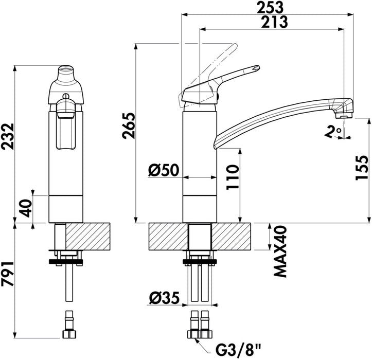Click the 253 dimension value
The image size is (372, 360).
coord(270,7)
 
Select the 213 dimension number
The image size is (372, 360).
coord(274,22)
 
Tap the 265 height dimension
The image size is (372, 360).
coord(128,125)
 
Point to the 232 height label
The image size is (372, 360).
coord(7,136)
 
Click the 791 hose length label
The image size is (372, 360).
coord(8,274)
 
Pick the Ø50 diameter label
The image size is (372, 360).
coord(164,170)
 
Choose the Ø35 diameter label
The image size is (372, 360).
coord(165,298)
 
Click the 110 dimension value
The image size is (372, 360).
coord(232,177)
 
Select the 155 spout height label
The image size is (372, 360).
coord(362,168)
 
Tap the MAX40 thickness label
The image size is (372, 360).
coord(280,251)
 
